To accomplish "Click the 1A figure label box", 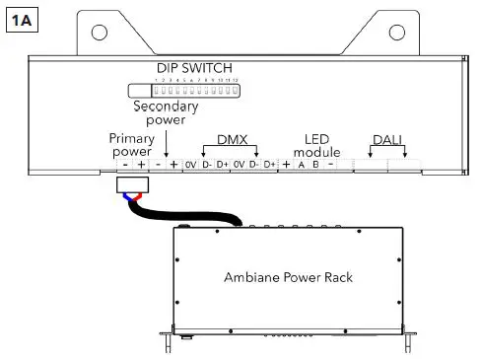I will point(21,19).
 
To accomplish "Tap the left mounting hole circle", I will point(99,32).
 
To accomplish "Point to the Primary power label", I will point(132,146).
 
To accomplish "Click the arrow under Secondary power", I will point(167,148).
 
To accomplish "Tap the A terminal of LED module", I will point(302,165).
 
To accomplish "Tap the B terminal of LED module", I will point(315,165).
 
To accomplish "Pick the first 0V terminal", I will point(189,165).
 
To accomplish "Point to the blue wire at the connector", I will point(125,196).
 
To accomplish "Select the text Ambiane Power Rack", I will point(290,277).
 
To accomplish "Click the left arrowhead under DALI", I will point(371,156).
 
